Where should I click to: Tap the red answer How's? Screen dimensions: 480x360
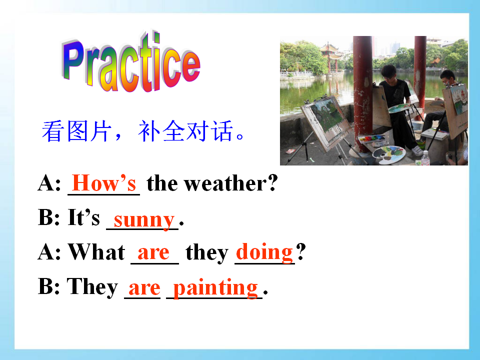click(104, 183)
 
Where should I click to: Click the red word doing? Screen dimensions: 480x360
click(264, 252)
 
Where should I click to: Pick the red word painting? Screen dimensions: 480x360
click(215, 287)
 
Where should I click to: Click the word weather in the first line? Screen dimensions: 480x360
click(225, 183)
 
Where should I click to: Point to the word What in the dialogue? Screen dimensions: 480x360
click(96, 252)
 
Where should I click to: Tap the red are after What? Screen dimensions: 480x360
click(153, 253)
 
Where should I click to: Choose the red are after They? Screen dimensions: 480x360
click(144, 288)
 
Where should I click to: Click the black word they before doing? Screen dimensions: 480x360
click(207, 253)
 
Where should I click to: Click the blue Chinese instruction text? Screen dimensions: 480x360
click(143, 131)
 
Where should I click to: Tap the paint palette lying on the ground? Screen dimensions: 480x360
click(389, 152)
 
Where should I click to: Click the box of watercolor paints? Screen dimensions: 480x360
click(371, 138)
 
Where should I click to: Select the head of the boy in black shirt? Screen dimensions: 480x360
click(389, 73)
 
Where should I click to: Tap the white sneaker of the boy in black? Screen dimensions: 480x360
click(417, 150)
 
